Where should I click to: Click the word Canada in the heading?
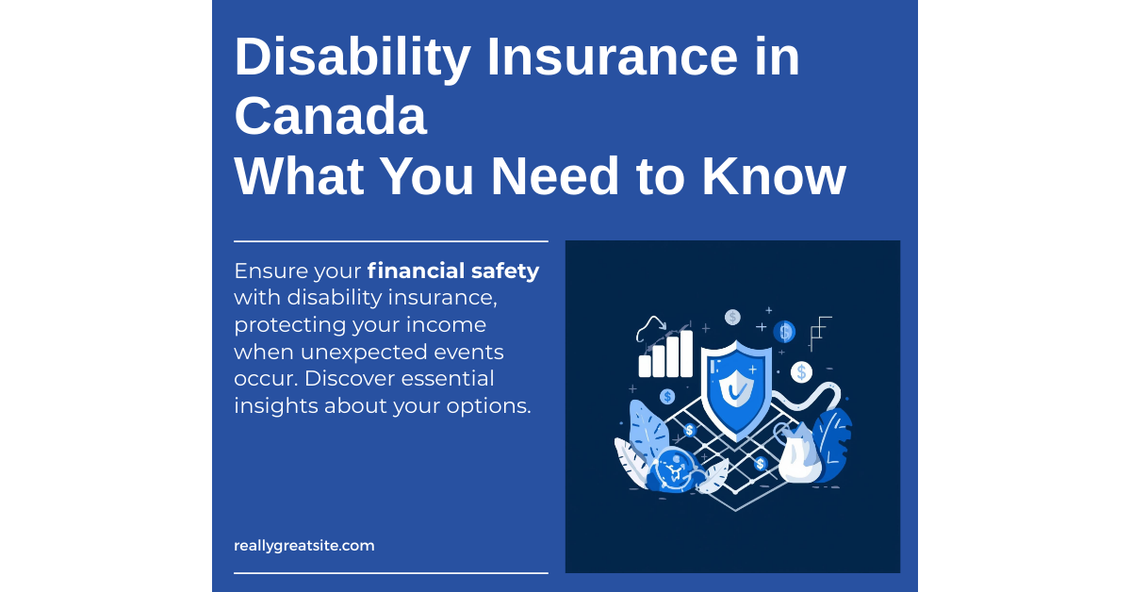point(330,117)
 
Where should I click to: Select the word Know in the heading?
point(764,176)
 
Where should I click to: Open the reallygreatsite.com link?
point(303,546)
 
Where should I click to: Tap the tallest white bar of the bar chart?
point(686,354)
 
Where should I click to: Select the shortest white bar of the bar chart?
point(646,366)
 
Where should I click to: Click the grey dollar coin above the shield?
point(732,317)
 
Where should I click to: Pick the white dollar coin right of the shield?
point(801,372)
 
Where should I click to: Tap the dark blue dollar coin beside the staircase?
point(784,332)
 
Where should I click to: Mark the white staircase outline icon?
point(820,330)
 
